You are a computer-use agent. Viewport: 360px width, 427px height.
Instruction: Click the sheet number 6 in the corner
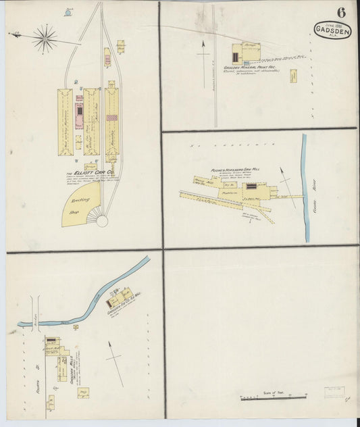[341, 12]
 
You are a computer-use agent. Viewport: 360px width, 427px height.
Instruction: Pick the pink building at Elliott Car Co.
[79, 112]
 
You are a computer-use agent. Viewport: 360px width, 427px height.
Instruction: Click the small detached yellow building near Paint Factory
[294, 75]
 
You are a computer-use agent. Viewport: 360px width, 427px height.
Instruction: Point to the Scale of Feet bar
[269, 399]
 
